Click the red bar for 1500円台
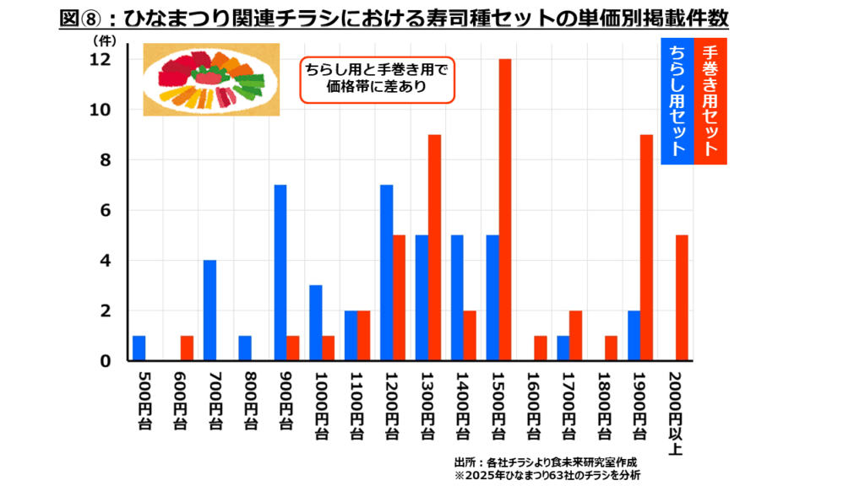pos(505,210)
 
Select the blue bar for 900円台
pos(280,273)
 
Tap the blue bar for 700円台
pos(209,310)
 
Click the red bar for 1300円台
pos(434,248)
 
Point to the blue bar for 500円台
pos(139,348)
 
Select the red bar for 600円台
pos(187,348)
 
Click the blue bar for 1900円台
pos(634,336)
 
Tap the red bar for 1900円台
pos(646,248)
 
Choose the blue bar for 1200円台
pos(386,273)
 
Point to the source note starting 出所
pos(545,462)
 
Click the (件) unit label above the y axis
pos(102,38)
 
